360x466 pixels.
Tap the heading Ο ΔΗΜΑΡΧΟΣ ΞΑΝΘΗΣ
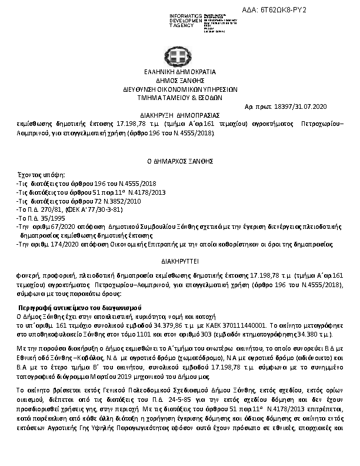click(x=180, y=160)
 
